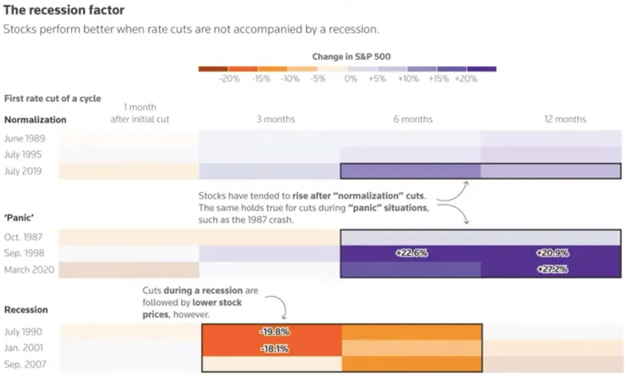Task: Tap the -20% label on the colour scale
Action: tap(229, 79)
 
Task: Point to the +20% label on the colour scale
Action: tap(466, 79)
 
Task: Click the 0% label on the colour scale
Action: tap(350, 79)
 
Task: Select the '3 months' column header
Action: tap(275, 120)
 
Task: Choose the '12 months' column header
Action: tap(565, 120)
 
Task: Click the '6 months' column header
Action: tap(413, 120)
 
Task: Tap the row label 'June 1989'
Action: tap(25, 138)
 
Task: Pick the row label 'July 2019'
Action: tap(24, 171)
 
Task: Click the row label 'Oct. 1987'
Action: tap(24, 237)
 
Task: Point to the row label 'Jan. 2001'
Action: tap(24, 348)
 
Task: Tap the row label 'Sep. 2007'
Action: tap(25, 364)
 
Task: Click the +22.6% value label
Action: tap(410, 254)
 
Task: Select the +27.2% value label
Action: tap(551, 270)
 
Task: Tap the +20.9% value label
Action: tap(552, 254)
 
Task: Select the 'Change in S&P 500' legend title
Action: tap(351, 56)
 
